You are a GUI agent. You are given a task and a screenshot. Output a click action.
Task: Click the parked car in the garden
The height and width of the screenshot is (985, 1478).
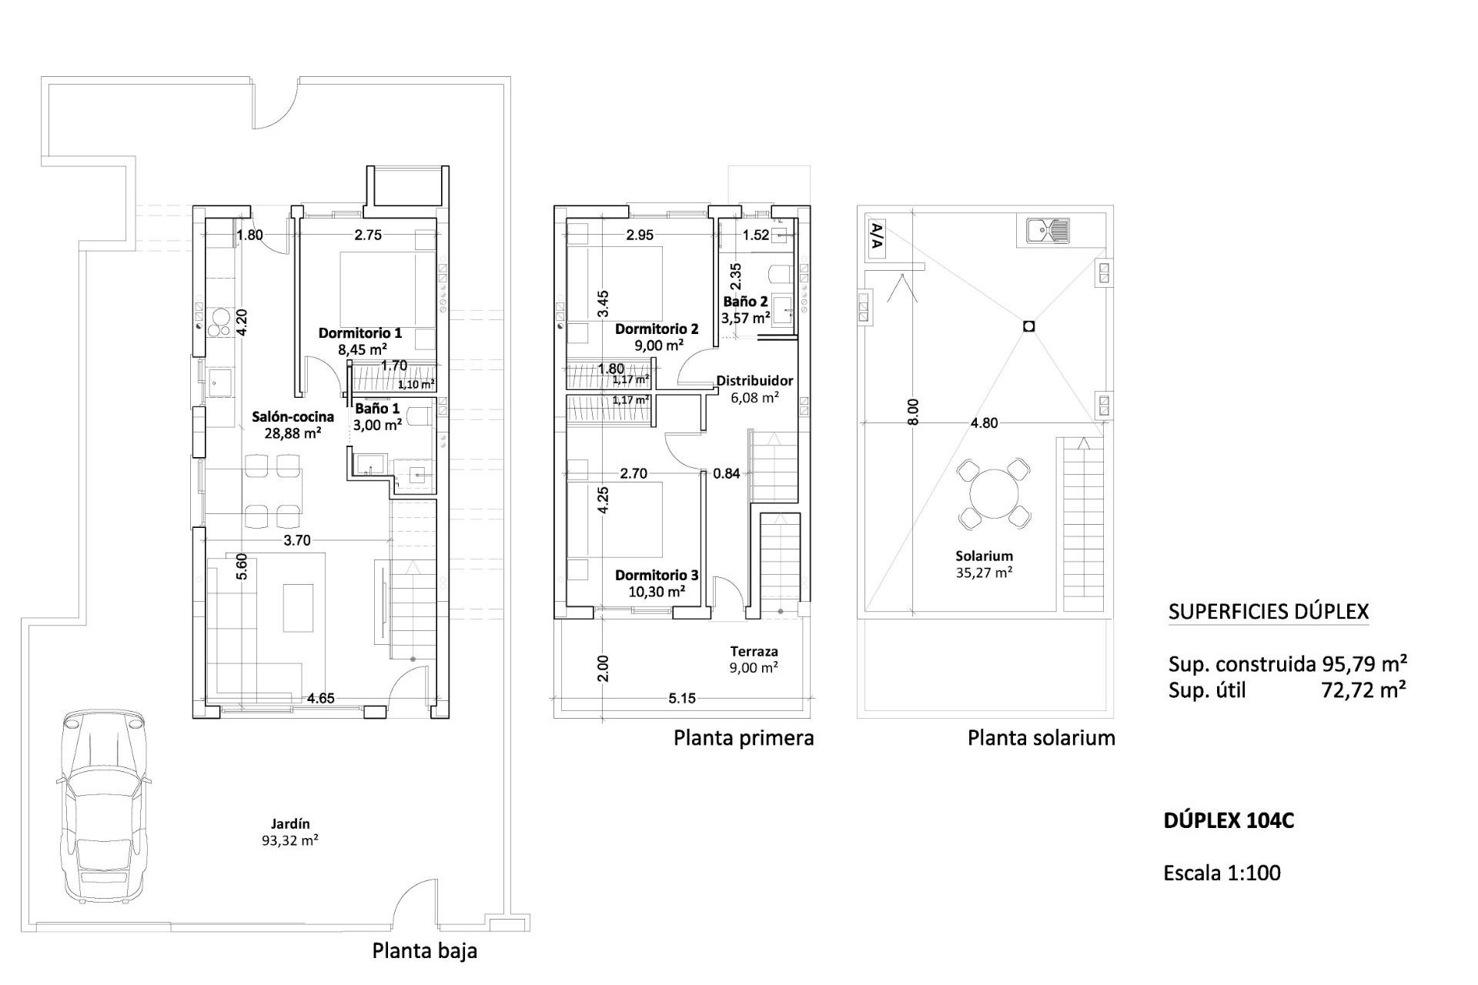[102, 804]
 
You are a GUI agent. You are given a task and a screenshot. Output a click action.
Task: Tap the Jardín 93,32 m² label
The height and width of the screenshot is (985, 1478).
[290, 832]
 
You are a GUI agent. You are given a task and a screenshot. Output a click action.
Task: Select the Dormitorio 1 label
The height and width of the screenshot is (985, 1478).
[360, 341]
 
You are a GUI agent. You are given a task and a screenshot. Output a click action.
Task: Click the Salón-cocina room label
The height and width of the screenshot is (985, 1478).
[293, 424]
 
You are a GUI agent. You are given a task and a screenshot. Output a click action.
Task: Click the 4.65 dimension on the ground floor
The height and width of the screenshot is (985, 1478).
[320, 699]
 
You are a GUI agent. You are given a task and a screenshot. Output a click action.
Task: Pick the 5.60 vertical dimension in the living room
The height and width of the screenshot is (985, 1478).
[241, 567]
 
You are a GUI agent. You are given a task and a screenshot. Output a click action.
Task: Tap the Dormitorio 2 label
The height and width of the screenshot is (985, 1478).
[657, 337]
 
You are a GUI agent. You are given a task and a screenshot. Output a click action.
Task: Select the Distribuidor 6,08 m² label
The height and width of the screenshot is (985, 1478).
[754, 389]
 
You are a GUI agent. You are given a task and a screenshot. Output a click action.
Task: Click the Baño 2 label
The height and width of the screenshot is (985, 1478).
[745, 309]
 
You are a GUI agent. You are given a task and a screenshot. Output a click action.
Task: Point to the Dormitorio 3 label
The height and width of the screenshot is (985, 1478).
[657, 583]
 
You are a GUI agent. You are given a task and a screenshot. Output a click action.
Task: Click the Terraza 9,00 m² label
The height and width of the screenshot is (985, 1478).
[754, 659]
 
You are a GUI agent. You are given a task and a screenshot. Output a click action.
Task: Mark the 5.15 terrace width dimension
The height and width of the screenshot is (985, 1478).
[682, 699]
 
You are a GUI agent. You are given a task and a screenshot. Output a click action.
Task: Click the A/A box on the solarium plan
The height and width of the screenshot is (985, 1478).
[875, 238]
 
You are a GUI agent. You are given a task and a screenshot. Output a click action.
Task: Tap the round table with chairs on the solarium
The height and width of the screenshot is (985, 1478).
[994, 494]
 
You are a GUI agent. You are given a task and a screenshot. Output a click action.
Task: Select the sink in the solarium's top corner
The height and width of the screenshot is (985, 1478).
[1048, 229]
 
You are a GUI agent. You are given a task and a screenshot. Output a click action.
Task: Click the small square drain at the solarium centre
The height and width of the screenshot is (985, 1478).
[1029, 326]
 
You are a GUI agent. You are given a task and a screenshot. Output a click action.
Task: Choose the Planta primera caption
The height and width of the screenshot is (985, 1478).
[744, 738]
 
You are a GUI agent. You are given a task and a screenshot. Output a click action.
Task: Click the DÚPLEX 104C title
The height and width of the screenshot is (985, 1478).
[1229, 821]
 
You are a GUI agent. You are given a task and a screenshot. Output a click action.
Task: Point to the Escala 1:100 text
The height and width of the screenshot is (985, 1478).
[1222, 873]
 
